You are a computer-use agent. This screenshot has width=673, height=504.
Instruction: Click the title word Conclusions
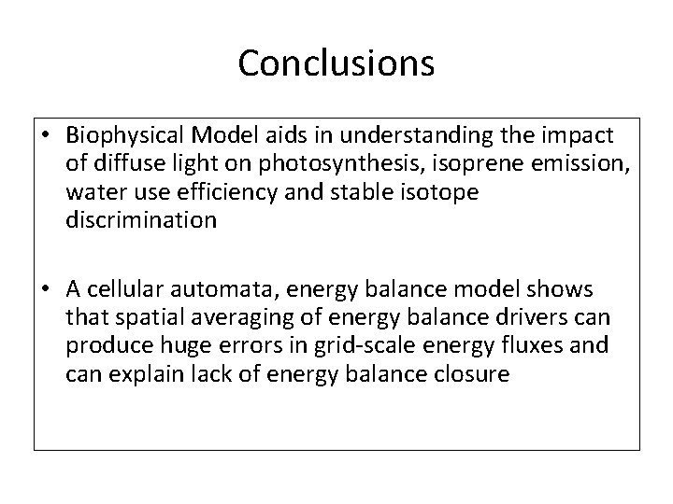[336, 63]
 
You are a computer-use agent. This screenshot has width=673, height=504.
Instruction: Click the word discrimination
[142, 221]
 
